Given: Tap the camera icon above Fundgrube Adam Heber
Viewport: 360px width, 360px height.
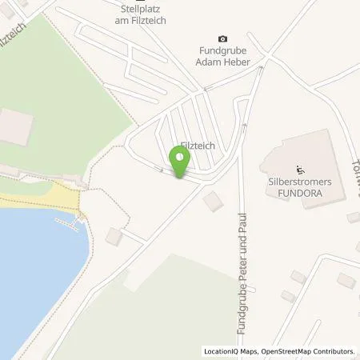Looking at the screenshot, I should (x=222, y=38).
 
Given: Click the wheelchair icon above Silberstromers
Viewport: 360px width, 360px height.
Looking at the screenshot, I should (x=302, y=169).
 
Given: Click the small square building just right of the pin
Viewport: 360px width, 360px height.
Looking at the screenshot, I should (x=214, y=201).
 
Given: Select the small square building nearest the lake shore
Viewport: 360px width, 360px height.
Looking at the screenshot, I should (x=114, y=237).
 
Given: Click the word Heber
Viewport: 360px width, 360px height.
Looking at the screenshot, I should (x=239, y=62).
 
